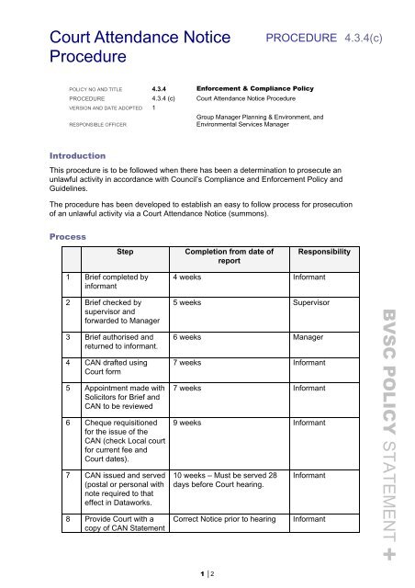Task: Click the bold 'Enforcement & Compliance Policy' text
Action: coord(250,88)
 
